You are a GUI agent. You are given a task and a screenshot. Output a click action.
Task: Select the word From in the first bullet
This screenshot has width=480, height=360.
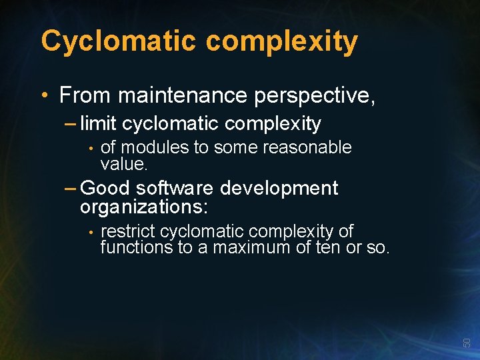tap(85, 95)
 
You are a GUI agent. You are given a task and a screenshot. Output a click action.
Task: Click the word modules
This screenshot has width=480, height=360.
tap(155, 147)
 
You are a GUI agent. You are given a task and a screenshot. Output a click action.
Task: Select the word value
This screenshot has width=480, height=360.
tap(123, 163)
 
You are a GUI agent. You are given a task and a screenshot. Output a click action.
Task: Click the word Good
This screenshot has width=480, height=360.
tap(105, 189)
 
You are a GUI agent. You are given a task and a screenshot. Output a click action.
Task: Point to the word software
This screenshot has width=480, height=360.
tap(175, 189)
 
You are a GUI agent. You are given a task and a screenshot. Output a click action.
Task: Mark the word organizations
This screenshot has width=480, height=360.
tap(144, 207)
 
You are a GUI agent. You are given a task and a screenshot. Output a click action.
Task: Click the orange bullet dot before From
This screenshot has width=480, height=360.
tap(44, 96)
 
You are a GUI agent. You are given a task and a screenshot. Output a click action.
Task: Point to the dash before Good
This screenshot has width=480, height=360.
tap(71, 189)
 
